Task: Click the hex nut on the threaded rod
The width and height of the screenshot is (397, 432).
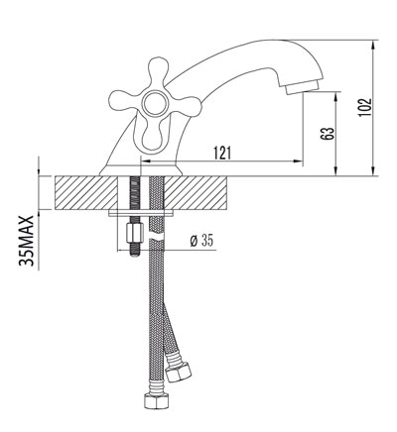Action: [134, 238]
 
